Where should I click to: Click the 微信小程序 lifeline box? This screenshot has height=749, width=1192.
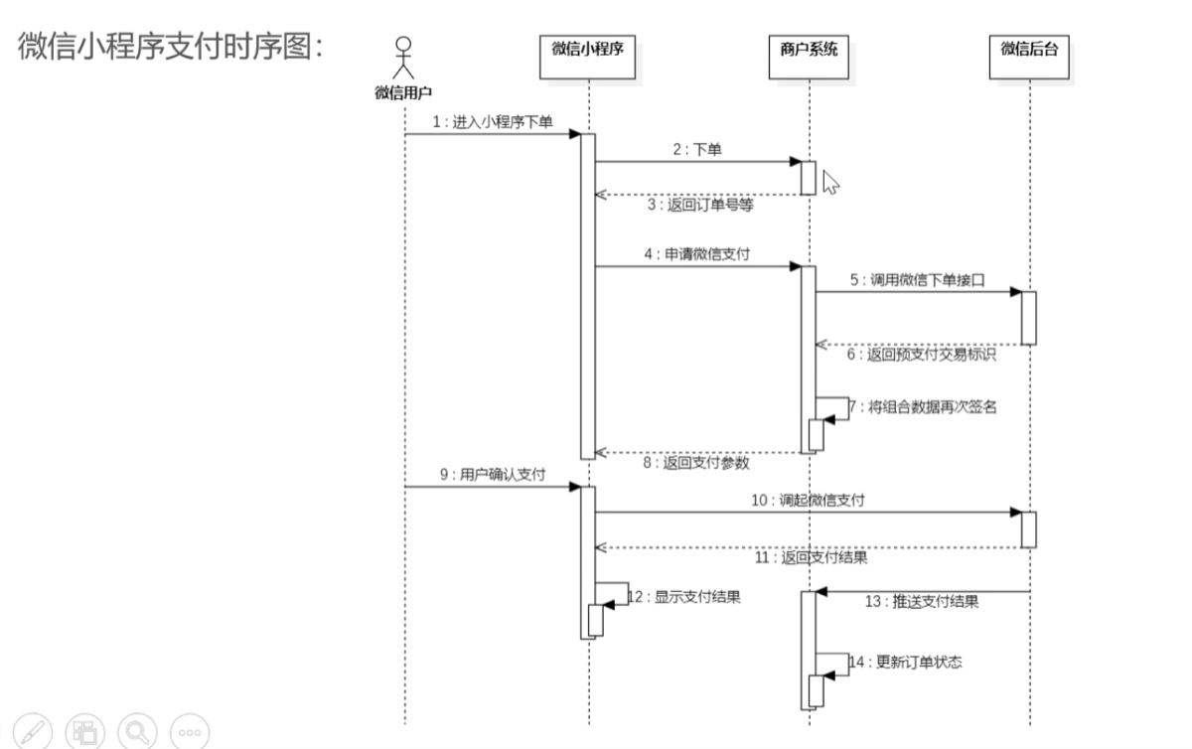tap(587, 57)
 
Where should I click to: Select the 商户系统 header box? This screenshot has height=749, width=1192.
tap(809, 57)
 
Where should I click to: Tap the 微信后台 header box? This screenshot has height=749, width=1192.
tap(1029, 57)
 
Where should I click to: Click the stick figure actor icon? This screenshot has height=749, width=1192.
tap(403, 58)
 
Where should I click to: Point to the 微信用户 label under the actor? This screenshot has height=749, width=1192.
tap(403, 92)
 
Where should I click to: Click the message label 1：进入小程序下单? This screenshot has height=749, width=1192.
tap(493, 122)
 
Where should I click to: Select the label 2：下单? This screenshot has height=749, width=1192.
tap(697, 150)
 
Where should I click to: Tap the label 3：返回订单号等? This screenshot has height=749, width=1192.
tap(700, 205)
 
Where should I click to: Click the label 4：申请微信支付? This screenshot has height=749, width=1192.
tap(697, 254)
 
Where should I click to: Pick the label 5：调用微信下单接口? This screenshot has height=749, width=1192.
tap(917, 280)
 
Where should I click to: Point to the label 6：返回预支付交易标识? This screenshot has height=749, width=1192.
tap(921, 355)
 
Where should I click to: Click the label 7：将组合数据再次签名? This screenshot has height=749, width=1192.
tap(923, 407)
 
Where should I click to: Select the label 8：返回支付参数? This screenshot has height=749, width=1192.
tap(696, 463)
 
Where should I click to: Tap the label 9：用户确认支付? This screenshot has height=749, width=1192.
tap(493, 474)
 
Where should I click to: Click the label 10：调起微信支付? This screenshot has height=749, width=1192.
tap(808, 501)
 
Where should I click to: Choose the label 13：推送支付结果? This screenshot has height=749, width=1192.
tap(922, 602)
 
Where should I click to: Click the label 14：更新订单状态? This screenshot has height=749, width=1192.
tap(905, 663)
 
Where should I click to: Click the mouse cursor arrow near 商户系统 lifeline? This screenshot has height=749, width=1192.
tap(830, 183)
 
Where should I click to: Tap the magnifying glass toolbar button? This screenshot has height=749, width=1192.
tap(137, 732)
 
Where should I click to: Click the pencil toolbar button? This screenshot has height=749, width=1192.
tap(33, 732)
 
